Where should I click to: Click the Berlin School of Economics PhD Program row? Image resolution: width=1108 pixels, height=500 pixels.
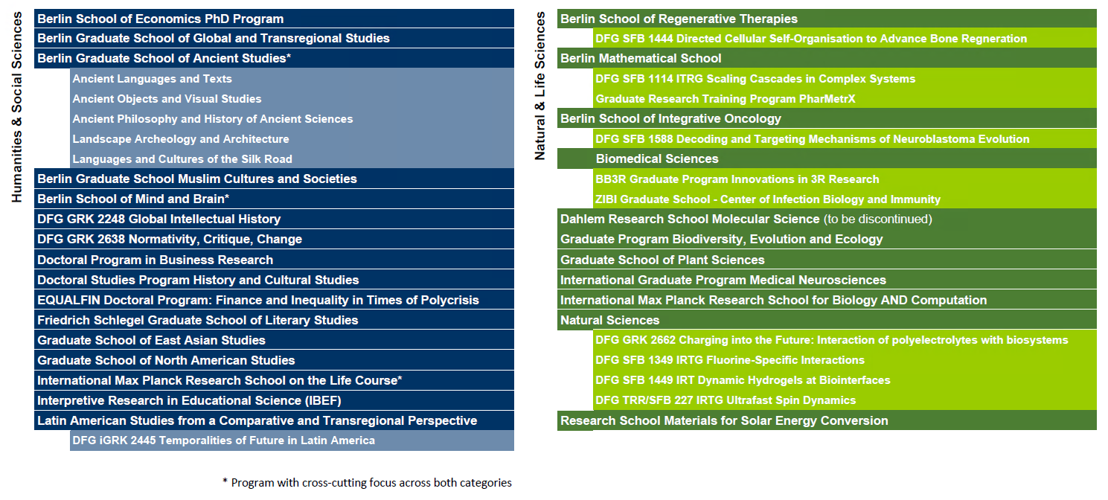tap(160, 19)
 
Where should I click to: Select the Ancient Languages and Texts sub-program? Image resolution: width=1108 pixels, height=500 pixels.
tap(152, 79)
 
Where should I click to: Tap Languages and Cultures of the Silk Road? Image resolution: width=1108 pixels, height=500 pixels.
tap(182, 159)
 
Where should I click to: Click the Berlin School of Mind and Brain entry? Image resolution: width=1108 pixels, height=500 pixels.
tap(132, 199)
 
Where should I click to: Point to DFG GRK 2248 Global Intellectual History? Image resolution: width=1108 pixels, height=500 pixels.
tap(158, 219)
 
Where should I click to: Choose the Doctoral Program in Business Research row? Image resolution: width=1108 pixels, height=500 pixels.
tap(155, 260)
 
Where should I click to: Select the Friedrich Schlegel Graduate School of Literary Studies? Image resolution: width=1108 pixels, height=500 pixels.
tap(197, 320)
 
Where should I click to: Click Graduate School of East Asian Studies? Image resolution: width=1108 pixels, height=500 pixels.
tap(151, 340)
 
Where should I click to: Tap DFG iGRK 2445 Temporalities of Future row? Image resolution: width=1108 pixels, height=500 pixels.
tap(223, 440)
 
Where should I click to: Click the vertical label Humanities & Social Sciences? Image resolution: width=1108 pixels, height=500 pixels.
tap(19, 107)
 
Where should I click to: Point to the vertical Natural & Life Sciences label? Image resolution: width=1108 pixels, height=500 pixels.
tap(541, 86)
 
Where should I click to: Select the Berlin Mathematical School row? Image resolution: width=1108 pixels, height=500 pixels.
tap(641, 58)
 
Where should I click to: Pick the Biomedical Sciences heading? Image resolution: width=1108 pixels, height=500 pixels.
tap(657, 158)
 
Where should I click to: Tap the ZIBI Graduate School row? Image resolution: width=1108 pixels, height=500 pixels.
tap(768, 199)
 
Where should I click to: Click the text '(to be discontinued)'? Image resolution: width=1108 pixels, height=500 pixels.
tap(877, 219)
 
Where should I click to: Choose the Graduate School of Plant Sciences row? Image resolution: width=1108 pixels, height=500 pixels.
tap(662, 260)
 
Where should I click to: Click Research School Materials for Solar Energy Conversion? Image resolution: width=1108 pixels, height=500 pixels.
tap(724, 420)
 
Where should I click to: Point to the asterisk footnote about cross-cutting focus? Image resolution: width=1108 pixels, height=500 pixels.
tap(367, 482)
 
